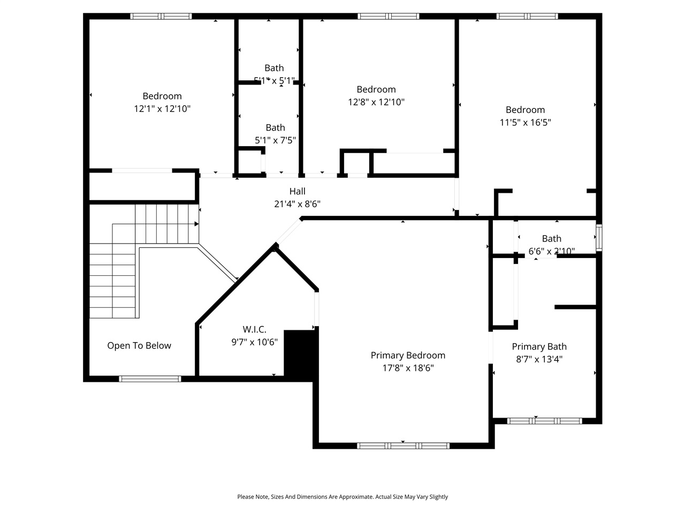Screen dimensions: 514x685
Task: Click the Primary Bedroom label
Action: [x=408, y=356]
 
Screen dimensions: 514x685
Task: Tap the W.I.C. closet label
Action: [x=254, y=329]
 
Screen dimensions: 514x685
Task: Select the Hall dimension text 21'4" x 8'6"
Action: [x=297, y=204]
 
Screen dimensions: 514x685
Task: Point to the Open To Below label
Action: [x=139, y=345]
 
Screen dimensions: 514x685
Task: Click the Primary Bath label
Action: [x=539, y=346]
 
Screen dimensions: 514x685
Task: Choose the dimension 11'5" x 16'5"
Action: [x=525, y=122]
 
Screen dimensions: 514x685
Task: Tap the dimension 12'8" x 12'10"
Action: [x=376, y=102]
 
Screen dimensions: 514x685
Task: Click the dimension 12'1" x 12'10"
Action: [x=162, y=109]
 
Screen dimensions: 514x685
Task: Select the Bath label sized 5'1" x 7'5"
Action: [x=275, y=127]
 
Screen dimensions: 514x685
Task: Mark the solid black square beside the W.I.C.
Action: [x=301, y=354]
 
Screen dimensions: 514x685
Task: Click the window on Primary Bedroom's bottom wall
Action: [x=403, y=445]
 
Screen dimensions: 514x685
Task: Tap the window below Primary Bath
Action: [x=544, y=421]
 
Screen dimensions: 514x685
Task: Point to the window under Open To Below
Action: [x=150, y=379]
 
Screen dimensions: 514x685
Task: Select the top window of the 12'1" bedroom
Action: [x=161, y=17]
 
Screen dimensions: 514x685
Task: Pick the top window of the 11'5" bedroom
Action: [x=527, y=17]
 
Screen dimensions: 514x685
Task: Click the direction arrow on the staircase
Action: [x=196, y=224]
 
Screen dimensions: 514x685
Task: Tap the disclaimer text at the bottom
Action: [x=342, y=497]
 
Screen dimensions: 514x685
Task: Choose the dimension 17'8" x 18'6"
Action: [x=408, y=368]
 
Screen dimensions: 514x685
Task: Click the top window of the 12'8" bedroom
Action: [x=389, y=17]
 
